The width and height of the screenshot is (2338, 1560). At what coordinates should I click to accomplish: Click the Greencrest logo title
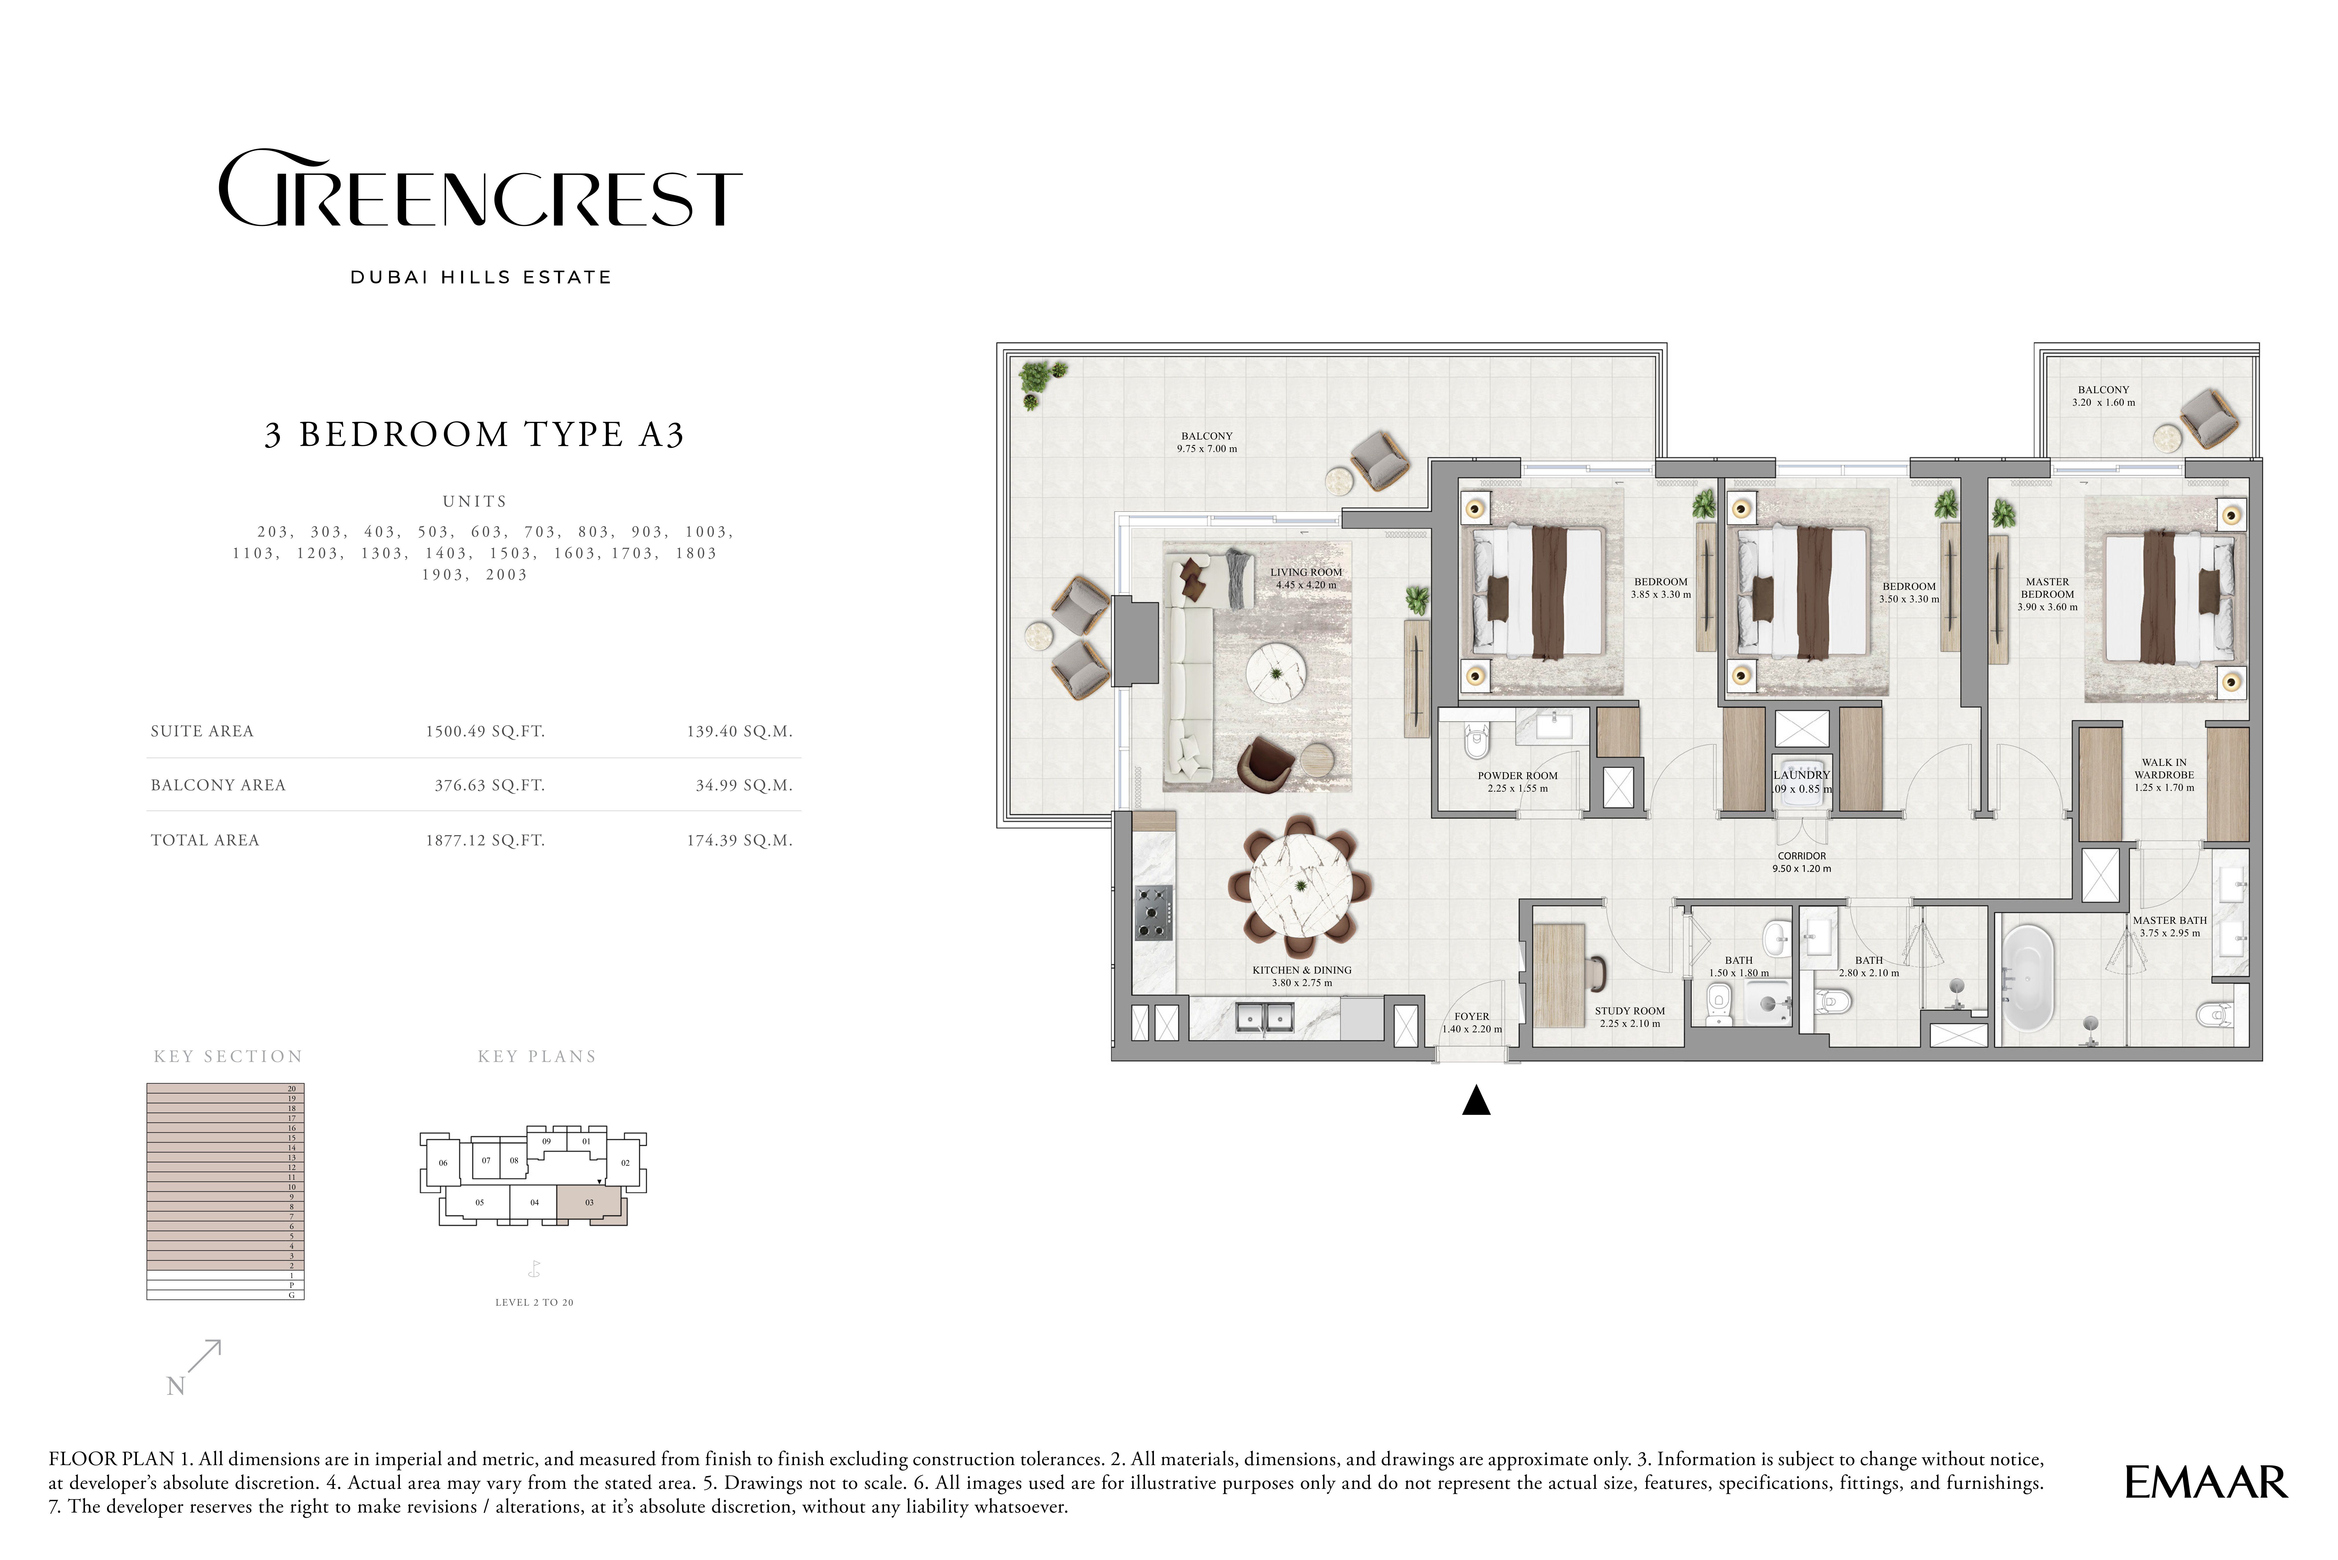(x=479, y=189)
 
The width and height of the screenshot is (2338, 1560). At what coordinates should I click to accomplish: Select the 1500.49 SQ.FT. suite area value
(x=486, y=731)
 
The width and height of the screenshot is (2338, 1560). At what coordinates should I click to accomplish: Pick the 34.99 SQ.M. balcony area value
(x=744, y=785)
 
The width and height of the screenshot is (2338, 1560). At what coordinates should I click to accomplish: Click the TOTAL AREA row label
(x=205, y=840)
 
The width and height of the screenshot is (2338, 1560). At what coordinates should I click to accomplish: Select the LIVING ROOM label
(x=1306, y=572)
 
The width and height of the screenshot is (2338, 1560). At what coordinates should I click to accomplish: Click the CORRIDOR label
(x=1802, y=856)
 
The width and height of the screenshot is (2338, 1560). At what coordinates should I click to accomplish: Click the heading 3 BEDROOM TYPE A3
(x=475, y=435)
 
